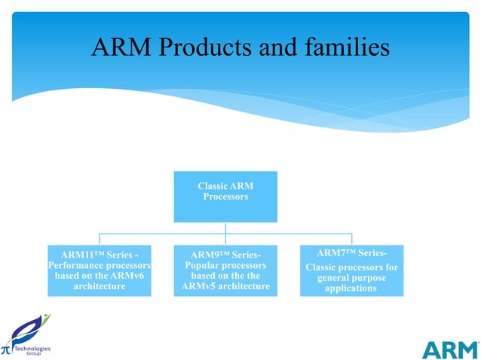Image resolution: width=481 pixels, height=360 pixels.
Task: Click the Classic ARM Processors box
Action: [x=225, y=196]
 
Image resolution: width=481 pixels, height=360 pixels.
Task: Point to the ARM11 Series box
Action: [x=99, y=270]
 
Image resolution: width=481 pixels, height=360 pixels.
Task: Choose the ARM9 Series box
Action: [x=225, y=270]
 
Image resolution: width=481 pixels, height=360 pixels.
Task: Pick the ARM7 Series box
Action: [x=351, y=270]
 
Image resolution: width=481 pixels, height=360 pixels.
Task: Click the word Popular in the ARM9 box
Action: [x=203, y=266]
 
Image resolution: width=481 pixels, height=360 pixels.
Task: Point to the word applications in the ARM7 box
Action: [x=351, y=288]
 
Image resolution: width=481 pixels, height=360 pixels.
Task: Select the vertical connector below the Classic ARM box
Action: [x=225, y=227]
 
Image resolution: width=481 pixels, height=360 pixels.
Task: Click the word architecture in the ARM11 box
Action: [x=99, y=286]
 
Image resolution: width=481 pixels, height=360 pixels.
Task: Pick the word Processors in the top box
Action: [x=225, y=197]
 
